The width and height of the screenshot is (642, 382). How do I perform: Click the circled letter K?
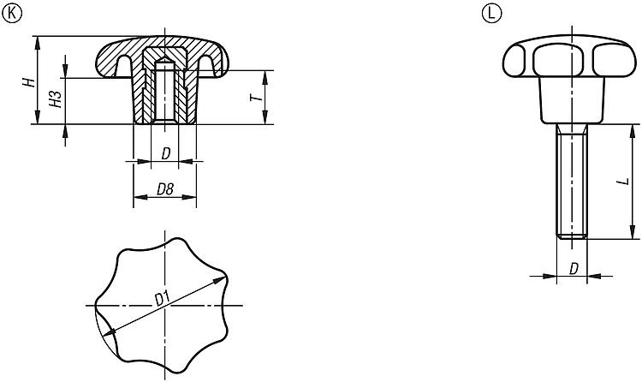(12, 14)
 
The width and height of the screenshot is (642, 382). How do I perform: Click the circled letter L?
(491, 14)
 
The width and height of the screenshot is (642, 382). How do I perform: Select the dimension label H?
(28, 82)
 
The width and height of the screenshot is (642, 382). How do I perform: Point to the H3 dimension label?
(56, 99)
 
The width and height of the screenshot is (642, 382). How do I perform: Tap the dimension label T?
(256, 98)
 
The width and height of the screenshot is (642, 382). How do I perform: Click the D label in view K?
(165, 153)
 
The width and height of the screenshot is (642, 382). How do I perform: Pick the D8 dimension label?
(165, 189)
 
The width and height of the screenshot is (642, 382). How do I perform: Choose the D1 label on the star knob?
(163, 299)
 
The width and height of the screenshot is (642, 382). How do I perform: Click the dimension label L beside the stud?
(623, 182)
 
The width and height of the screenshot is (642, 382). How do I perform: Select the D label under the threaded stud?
(574, 269)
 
